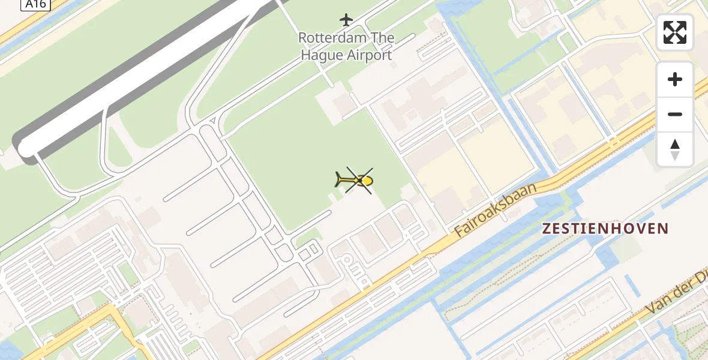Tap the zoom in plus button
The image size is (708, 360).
tap(675, 79)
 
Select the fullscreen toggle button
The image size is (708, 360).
tap(675, 32)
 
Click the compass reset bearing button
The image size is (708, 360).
tap(675, 149)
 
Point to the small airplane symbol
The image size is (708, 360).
tap(346, 20)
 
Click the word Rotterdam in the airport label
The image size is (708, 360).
tap(328, 38)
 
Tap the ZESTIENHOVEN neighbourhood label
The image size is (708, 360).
tap(605, 229)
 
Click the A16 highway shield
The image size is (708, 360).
tap(35, 4)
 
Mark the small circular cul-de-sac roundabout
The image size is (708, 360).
tap(346, 260)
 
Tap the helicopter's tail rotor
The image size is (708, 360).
tap(338, 179)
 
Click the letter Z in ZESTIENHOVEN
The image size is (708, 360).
tap(547, 229)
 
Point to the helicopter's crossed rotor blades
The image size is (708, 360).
tap(359, 181)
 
